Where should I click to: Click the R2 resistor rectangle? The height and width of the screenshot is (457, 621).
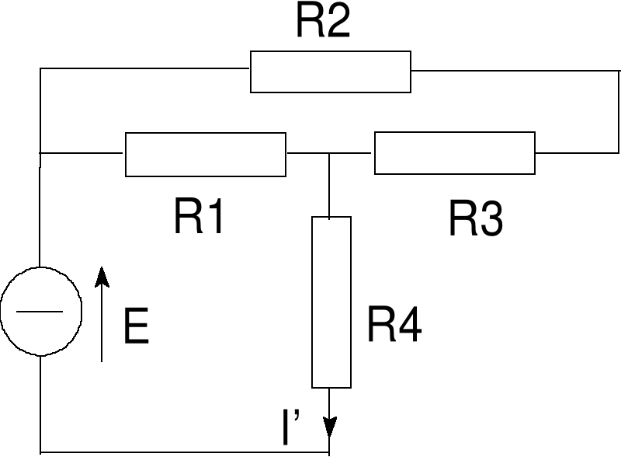pos(330,72)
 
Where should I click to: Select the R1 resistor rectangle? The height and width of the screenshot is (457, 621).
pos(206,154)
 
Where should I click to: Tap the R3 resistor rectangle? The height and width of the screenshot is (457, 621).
pos(455,153)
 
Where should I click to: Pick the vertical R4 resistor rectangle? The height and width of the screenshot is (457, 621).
pos(331,302)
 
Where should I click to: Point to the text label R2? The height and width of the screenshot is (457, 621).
pos(323,23)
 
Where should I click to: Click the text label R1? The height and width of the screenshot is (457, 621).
pos(199,218)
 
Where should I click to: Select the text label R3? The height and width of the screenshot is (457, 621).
pos(475,220)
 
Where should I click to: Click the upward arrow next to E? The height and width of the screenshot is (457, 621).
pos(102,315)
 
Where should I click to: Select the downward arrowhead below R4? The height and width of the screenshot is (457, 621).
pos(331,427)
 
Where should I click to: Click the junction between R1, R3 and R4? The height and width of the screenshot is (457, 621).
pos(331,154)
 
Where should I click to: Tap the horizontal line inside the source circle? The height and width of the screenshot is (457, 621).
pos(40,311)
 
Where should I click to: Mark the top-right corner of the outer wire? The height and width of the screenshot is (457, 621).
pos(618,69)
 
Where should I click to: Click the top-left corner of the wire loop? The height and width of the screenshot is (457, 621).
pos(40,69)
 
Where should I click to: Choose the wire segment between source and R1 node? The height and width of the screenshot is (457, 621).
pos(40,210)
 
